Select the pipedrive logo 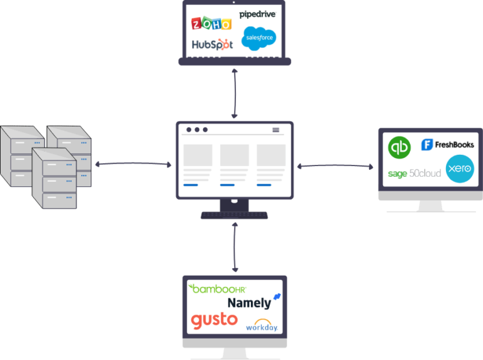pos(257,14)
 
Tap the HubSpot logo pos(212,45)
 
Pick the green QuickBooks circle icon pos(399,147)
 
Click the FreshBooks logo pos(447,145)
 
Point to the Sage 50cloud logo pos(414,173)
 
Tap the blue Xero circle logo pos(459,169)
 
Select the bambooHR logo pos(218,288)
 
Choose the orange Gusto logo pos(214,320)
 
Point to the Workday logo pos(261,325)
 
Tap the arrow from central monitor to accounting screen pos(334,166)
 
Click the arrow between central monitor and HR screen pos(235,247)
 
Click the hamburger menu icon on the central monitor pos(275,130)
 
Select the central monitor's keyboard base pos(234,215)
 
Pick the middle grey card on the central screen pos(234,155)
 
